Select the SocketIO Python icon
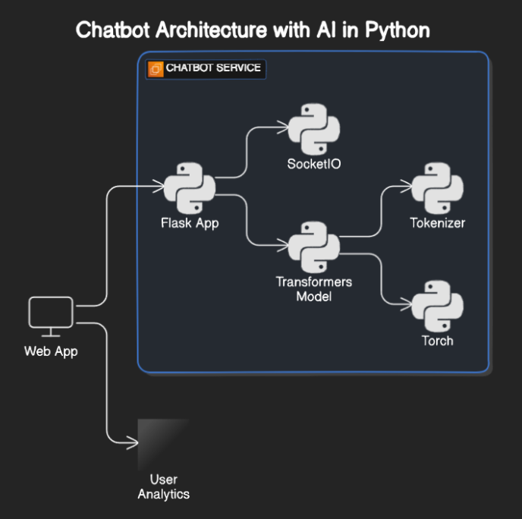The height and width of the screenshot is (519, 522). (313, 130)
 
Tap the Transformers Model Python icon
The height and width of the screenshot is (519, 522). (313, 247)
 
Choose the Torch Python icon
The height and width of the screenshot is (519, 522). (437, 306)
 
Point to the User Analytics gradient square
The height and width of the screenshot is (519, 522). (163, 445)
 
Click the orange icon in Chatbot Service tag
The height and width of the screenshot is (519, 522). (156, 69)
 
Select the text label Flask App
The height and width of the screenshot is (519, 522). (190, 223)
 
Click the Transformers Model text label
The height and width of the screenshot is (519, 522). (313, 289)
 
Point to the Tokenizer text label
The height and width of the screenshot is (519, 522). (437, 223)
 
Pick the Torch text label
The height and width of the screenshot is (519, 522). (437, 341)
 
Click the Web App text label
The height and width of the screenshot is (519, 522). (51, 351)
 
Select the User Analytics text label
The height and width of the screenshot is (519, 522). (163, 486)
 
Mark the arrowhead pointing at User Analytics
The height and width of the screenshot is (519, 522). (132, 441)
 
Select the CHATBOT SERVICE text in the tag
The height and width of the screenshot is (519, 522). (213, 68)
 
